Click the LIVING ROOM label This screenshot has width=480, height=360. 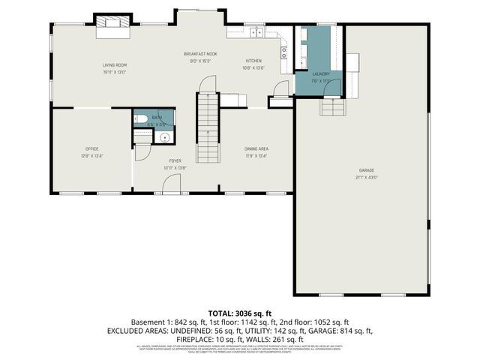[x=115, y=66]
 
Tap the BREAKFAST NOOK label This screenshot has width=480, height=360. [x=201, y=54]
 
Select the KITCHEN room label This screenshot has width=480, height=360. [x=253, y=61]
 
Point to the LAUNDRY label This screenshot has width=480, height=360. [x=322, y=73]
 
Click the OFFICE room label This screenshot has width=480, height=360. [x=91, y=148]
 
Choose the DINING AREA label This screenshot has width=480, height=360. [x=256, y=148]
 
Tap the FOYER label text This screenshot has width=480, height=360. [x=175, y=160]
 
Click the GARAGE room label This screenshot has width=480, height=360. [x=365, y=172]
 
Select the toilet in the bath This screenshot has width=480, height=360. [x=141, y=118]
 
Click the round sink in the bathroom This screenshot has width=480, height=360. [x=163, y=137]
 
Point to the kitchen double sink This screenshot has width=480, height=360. [x=256, y=31]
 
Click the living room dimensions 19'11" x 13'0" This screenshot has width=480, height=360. [x=115, y=73]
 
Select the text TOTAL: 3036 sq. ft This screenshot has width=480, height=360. [x=239, y=312]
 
